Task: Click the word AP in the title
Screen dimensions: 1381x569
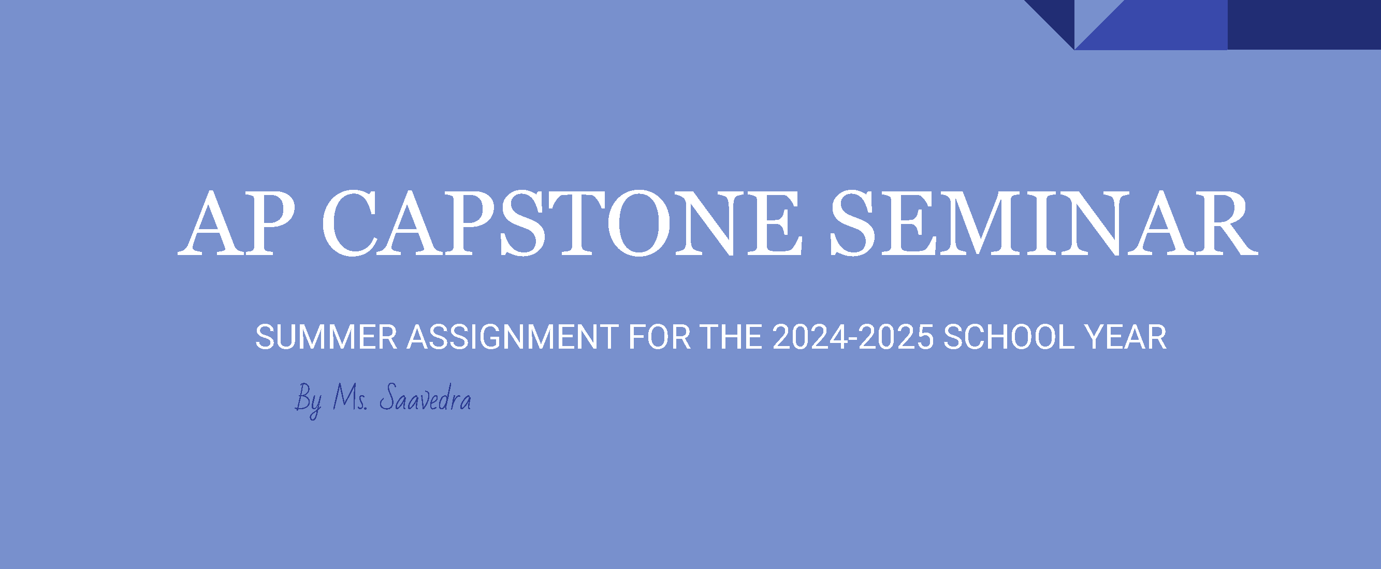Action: point(237,223)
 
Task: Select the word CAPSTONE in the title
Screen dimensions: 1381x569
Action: point(562,223)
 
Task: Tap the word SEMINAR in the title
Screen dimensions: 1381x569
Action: point(1044,223)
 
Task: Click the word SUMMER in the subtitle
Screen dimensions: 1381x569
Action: point(326,337)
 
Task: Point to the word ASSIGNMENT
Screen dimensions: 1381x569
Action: point(513,337)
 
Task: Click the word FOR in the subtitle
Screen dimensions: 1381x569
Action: point(659,337)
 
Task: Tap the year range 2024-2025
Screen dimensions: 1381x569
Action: point(853,337)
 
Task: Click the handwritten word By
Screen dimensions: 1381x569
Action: point(309,401)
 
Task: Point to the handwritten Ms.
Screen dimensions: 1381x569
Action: point(350,398)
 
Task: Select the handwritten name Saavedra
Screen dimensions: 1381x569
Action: point(425,398)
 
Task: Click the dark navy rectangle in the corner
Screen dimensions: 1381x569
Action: point(1304,25)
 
